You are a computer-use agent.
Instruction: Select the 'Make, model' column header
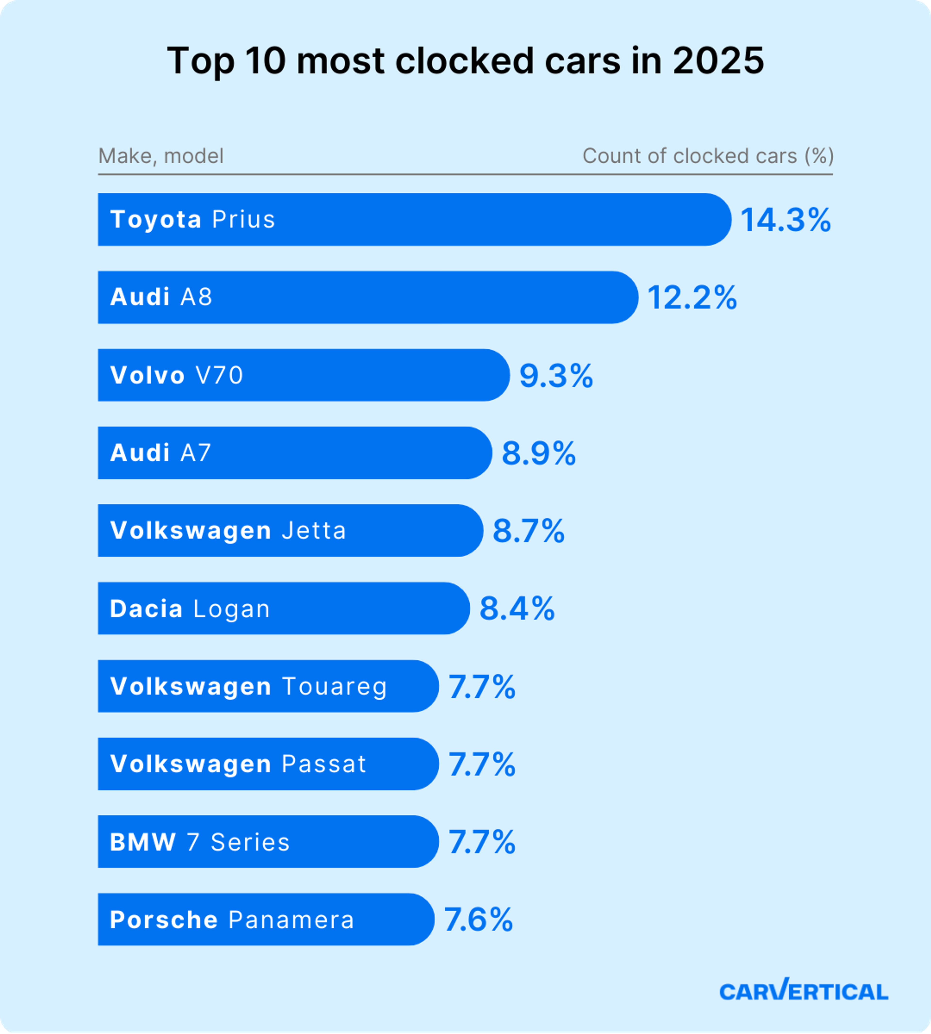tap(161, 156)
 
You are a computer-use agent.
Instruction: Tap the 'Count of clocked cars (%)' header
tap(708, 156)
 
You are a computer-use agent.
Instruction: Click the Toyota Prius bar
tap(414, 219)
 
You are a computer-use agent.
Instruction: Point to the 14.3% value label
tap(785, 221)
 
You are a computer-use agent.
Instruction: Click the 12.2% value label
tap(692, 298)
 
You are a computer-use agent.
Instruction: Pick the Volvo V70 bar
tap(304, 375)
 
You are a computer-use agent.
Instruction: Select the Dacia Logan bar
tap(283, 608)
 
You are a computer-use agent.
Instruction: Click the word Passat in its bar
tap(324, 764)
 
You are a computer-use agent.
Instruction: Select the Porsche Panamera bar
tap(266, 919)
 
